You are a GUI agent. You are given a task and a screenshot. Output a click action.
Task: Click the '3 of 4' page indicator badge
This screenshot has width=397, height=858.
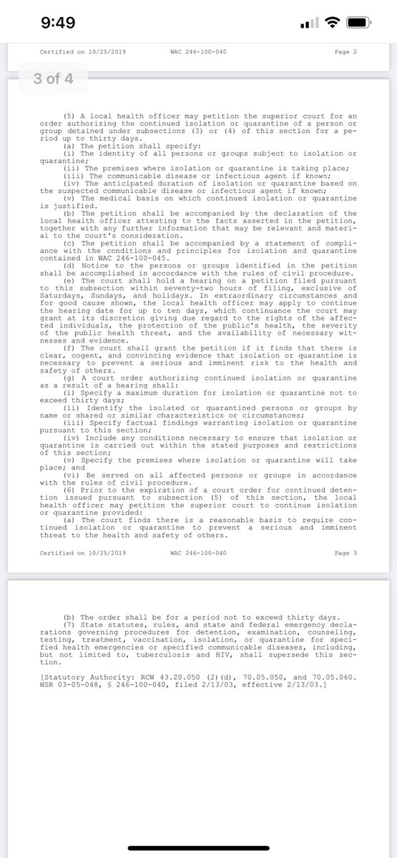coord(49,79)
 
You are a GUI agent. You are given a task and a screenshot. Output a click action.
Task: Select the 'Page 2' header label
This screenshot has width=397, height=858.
coord(345,52)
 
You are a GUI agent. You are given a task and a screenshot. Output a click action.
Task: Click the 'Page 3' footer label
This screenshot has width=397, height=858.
coord(345,553)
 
